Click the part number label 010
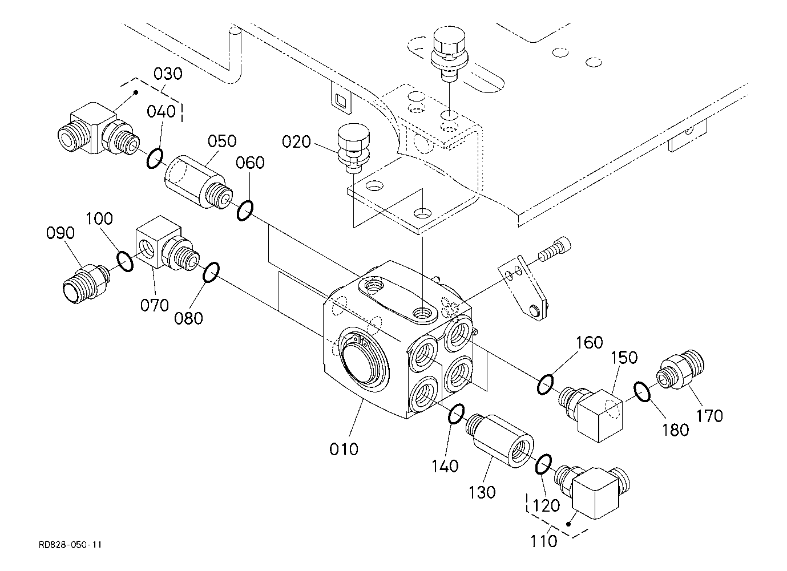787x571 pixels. pyautogui.click(x=344, y=449)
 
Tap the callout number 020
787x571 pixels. pyautogui.click(x=296, y=141)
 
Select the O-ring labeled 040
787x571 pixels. pyautogui.click(x=155, y=158)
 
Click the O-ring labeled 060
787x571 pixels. pyautogui.click(x=245, y=210)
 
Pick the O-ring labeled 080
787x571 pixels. pyautogui.click(x=211, y=272)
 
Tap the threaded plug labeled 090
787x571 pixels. pyautogui.click(x=86, y=284)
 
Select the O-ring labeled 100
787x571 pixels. pyautogui.click(x=125, y=261)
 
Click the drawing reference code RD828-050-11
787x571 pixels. pyautogui.click(x=70, y=545)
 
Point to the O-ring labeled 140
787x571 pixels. pyautogui.click(x=457, y=414)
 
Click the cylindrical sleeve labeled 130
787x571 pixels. pyautogui.click(x=499, y=440)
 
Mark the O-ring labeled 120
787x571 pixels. pyautogui.click(x=543, y=464)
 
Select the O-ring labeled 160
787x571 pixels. pyautogui.click(x=545, y=384)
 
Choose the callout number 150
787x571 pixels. pyautogui.click(x=624, y=358)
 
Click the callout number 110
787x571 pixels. pyautogui.click(x=543, y=541)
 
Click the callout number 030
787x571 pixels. pyautogui.click(x=168, y=74)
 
